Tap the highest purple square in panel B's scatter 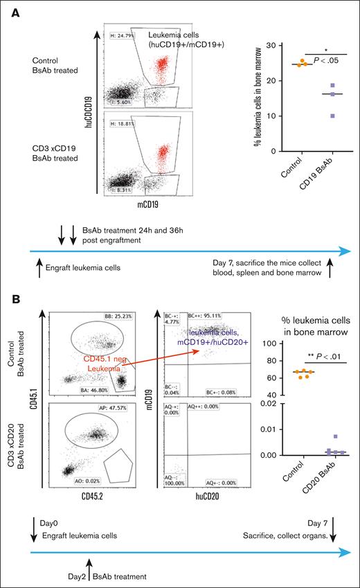pyautogui.click(x=316, y=437)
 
